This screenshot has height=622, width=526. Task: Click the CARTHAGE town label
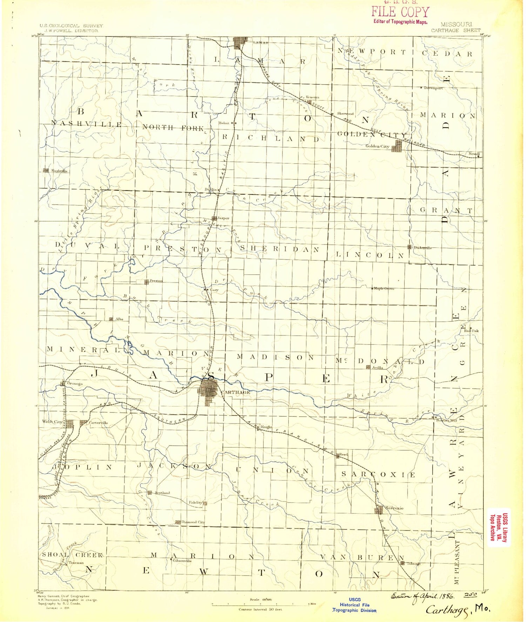coord(236,392)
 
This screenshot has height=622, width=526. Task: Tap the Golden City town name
coord(377,146)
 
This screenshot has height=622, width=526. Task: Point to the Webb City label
coord(52,422)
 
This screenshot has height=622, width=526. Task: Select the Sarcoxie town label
coord(394,508)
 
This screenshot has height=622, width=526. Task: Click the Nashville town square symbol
coord(46,171)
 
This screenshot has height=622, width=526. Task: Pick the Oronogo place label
coord(75,384)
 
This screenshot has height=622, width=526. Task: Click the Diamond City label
coord(193,522)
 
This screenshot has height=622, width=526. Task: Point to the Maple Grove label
coord(384,289)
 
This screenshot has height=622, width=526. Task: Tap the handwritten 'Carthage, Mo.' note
coord(458,609)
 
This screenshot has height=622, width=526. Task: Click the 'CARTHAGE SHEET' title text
coord(456,30)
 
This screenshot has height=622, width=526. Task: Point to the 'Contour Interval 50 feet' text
coord(260,609)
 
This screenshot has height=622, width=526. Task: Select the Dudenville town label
coord(422,248)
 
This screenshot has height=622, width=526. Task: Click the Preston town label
coord(156,281)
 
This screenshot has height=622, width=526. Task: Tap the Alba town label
coord(119,319)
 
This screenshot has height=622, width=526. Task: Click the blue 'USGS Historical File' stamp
coord(354,604)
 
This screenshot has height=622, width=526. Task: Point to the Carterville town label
coord(99,423)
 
